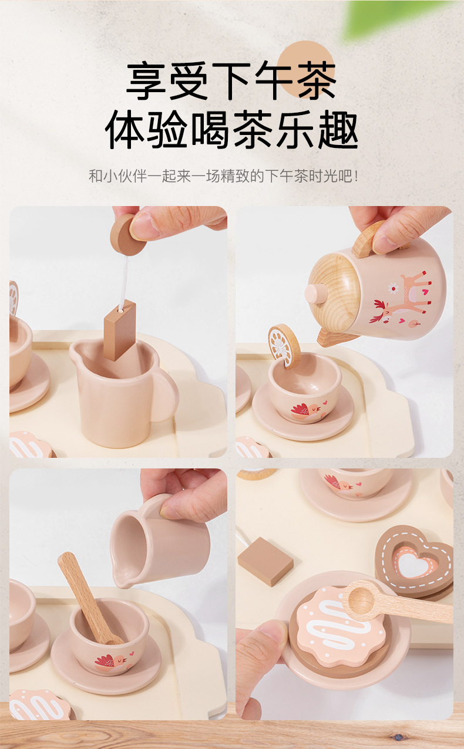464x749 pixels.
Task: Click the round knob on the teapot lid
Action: tap(315, 293)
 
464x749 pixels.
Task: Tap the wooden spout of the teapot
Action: tap(335, 337)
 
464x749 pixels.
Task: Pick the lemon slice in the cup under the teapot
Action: tap(284, 346)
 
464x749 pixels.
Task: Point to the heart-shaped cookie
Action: tap(415, 562)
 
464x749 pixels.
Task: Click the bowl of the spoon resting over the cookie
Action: tap(360, 600)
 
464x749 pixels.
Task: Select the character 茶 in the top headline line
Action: tap(317, 80)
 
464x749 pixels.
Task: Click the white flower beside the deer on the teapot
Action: tap(394, 288)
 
